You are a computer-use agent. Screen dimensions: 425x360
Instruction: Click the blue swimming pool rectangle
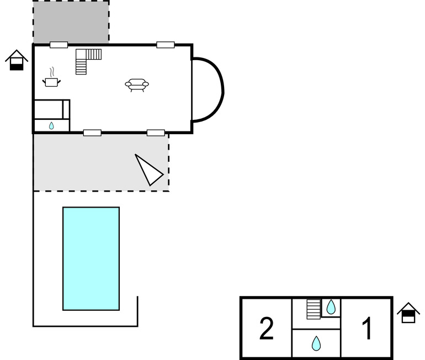91,258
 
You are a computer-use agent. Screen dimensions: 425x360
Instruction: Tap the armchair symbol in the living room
137,85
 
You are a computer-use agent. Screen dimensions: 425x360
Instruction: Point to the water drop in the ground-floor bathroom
51,126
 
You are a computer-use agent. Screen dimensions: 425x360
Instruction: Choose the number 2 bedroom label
267,329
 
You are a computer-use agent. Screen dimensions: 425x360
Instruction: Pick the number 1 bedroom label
366,329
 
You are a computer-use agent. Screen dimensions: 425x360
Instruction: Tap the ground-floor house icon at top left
17,60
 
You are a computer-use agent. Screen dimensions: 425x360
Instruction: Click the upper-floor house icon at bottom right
408,313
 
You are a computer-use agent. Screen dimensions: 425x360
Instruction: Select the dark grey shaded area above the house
71,22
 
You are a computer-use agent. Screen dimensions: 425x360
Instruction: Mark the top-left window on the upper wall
59,45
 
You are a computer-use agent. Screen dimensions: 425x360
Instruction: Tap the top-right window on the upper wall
166,45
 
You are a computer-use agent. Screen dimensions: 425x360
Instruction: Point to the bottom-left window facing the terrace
92,133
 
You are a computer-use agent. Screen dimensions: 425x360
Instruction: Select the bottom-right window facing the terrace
156,133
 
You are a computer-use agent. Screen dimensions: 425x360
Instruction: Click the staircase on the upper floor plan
314,309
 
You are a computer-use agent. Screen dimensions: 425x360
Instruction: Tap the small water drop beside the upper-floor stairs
331,307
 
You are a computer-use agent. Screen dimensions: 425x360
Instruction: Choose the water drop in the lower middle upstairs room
316,343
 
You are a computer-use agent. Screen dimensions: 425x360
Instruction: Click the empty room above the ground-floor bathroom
49,109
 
